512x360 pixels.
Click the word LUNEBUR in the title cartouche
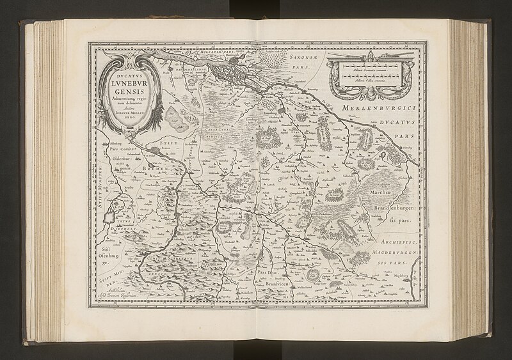(x=128, y=82)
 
